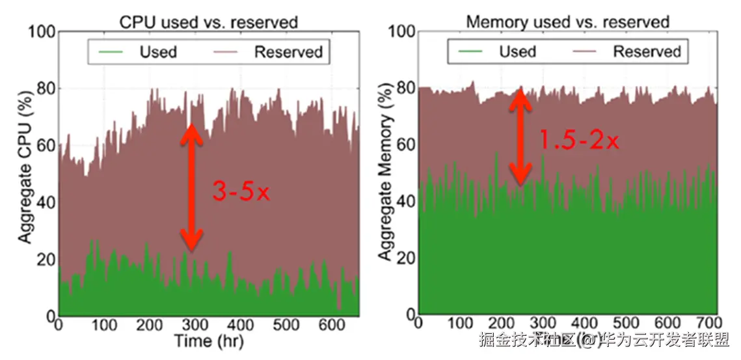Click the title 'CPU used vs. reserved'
[x=208, y=21]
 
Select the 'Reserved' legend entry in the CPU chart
[x=288, y=51]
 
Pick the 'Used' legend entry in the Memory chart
[x=517, y=51]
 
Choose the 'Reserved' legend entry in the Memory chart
[x=647, y=51]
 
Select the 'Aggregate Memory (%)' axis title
[x=386, y=173]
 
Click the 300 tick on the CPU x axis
[x=195, y=324]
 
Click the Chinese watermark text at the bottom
[x=604, y=340]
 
